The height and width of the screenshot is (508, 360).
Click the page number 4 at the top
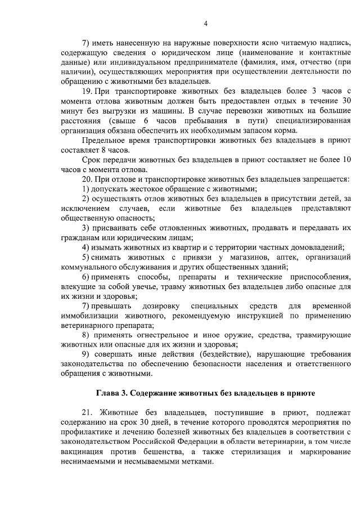pyautogui.click(x=205, y=23)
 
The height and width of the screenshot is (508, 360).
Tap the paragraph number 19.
pyautogui.click(x=87, y=91)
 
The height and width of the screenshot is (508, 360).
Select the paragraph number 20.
pyautogui.click(x=87, y=179)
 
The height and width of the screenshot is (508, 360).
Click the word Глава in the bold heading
pyautogui.click(x=108, y=392)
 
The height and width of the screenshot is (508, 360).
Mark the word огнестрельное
pyautogui.click(x=153, y=335)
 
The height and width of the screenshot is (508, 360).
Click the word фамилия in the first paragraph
pyautogui.click(x=259, y=61)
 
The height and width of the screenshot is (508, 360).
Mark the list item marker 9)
pyautogui.click(x=86, y=356)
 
